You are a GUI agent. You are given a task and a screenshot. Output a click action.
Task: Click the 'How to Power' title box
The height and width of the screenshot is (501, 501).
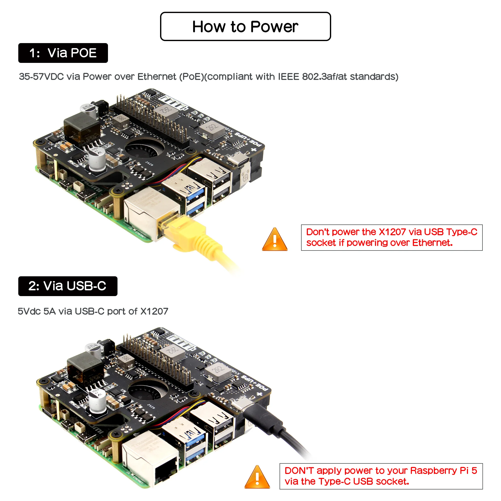click(x=245, y=27)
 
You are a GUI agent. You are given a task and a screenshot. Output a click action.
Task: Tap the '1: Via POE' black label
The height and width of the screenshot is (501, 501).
click(x=63, y=53)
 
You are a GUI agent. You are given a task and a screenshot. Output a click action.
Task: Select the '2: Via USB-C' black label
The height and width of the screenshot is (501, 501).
click(x=68, y=286)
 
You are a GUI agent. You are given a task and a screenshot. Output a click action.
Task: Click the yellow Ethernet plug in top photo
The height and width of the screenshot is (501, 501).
click(x=182, y=228)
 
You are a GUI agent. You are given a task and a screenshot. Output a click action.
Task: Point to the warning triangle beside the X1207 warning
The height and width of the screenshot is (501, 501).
click(x=275, y=240)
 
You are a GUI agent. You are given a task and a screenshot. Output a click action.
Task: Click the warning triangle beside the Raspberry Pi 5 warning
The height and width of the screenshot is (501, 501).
click(x=257, y=478)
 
